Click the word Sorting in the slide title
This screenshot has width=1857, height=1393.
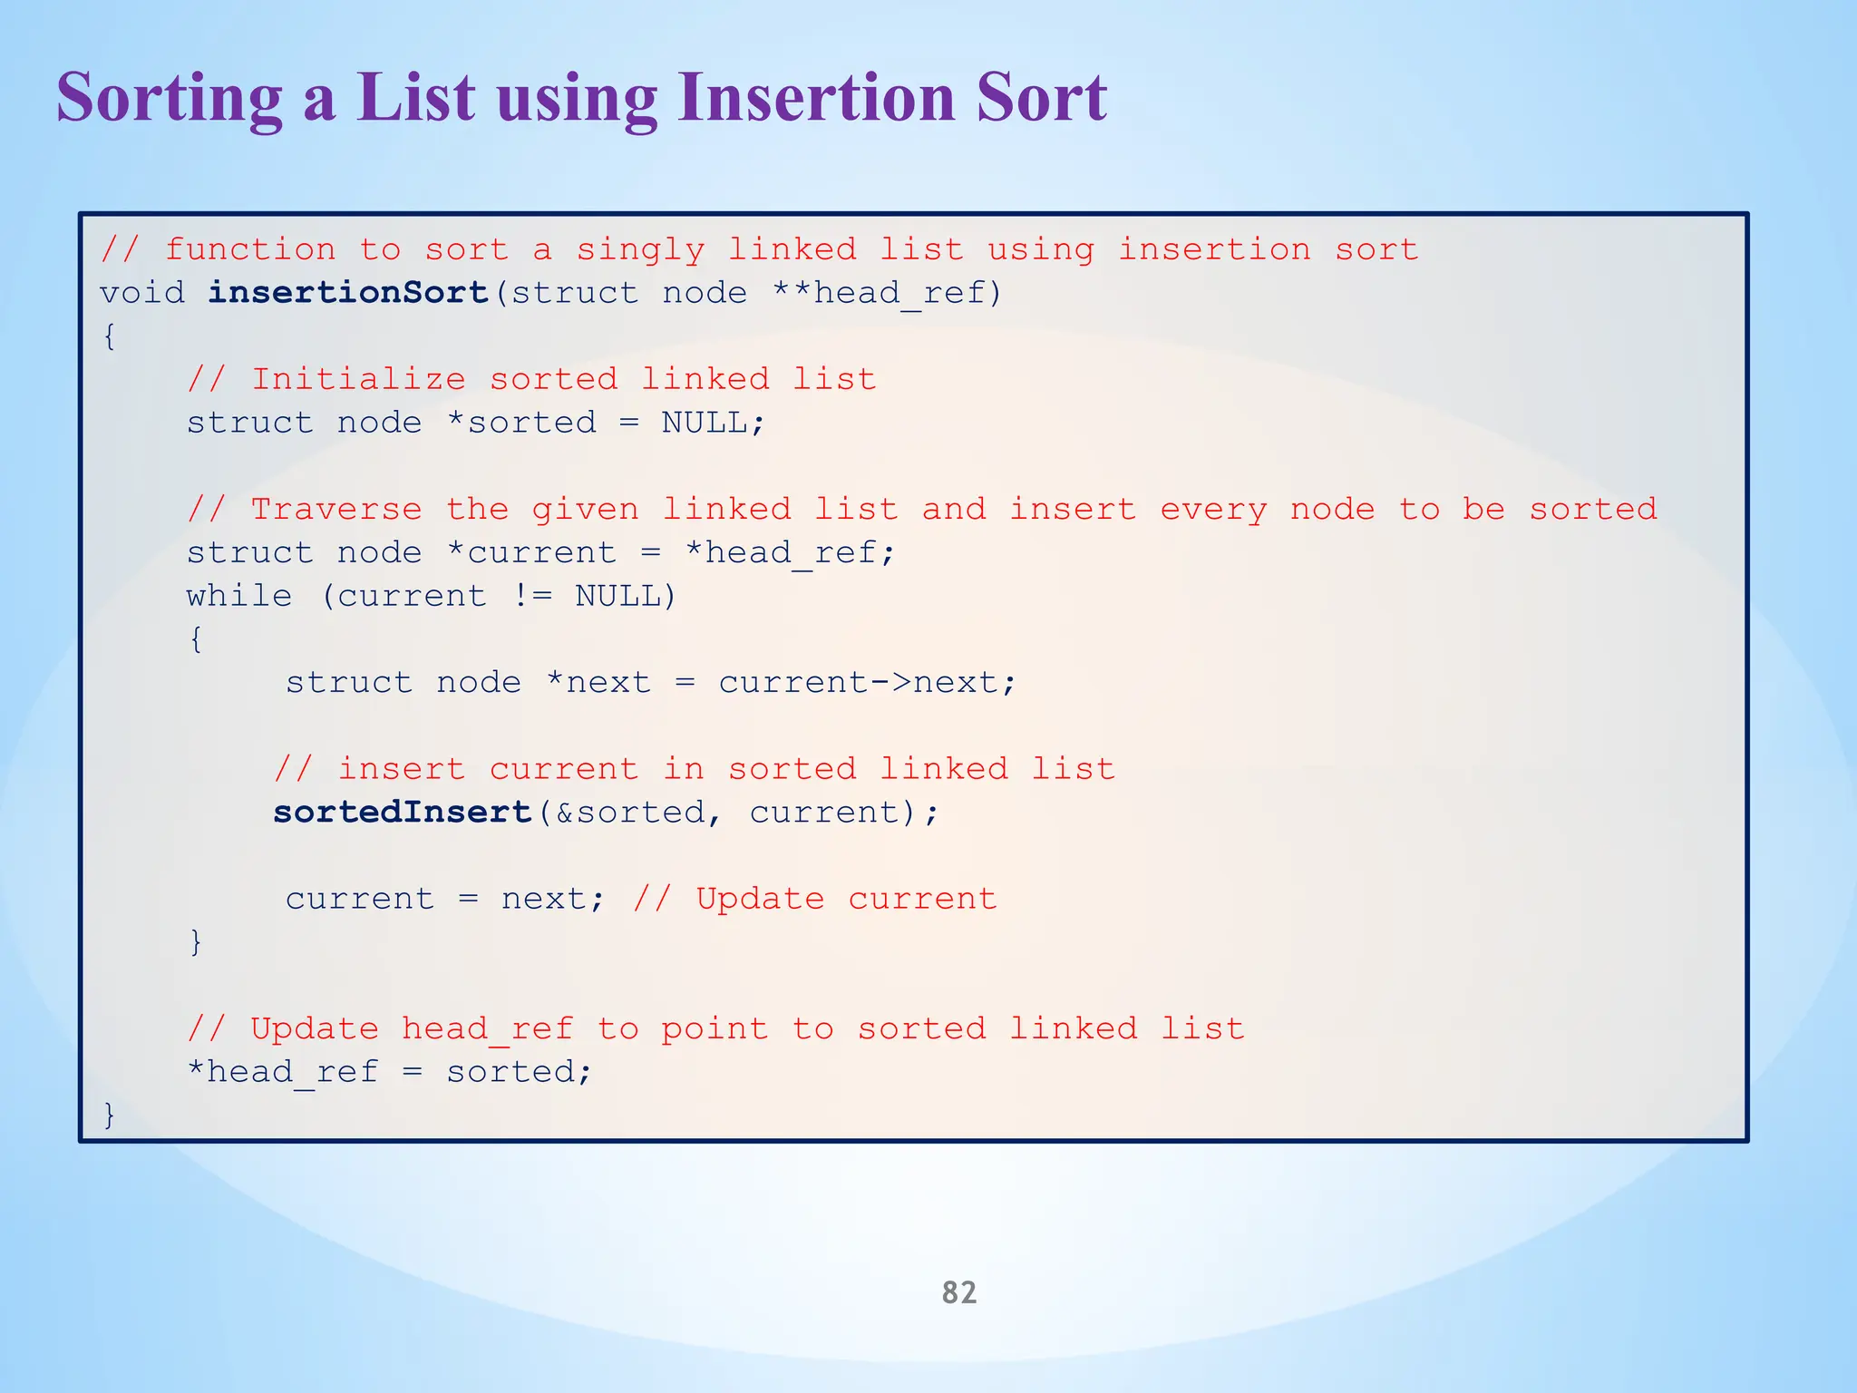170,98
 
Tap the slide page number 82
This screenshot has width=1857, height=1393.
959,1291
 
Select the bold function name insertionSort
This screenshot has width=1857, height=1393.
349,293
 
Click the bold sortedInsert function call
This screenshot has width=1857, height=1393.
403,812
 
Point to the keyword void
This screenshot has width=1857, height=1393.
141,293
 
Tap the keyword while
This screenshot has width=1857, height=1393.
239,596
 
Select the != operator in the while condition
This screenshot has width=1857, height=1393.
531,596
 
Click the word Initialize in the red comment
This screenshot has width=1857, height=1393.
358,379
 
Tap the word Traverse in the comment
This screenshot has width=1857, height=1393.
336,509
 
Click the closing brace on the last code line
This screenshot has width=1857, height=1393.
110,1114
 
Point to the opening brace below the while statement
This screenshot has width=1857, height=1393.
196,638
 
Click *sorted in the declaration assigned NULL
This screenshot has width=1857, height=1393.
522,423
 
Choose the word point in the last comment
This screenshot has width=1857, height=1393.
714,1028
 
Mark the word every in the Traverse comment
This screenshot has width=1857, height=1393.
1213,510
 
